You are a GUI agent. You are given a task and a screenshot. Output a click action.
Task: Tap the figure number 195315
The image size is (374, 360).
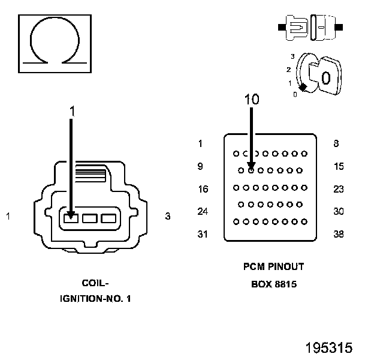tap(329, 347)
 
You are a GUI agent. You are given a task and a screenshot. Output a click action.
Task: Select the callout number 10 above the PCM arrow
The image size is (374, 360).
tap(252, 99)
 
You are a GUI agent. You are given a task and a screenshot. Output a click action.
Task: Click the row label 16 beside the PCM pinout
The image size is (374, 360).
tap(203, 189)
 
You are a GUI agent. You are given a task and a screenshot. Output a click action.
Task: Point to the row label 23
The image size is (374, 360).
tap(339, 189)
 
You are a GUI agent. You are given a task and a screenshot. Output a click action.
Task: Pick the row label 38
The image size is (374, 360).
tap(339, 234)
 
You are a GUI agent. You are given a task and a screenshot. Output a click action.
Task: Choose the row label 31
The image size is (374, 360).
tap(203, 234)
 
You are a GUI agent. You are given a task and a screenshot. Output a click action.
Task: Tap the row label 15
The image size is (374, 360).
tap(339, 166)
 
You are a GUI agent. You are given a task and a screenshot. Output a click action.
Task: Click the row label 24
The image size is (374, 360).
tap(203, 212)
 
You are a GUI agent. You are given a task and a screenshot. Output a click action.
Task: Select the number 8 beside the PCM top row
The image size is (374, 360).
tap(336, 143)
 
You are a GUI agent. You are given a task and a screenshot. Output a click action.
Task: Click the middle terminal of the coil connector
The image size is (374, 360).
tap(90, 218)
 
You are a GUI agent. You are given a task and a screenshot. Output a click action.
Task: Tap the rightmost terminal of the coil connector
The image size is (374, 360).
tap(108, 218)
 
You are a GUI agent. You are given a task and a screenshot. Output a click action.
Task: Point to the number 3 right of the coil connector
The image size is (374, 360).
tap(168, 216)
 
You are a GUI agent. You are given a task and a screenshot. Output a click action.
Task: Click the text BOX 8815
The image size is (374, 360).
tap(274, 284)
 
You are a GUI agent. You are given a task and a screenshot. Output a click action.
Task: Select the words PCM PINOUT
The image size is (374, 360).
tap(273, 266)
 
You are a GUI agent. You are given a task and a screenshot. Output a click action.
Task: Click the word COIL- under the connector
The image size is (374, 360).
tap(95, 283)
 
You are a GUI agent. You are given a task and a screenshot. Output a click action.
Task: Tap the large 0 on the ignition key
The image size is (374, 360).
tap(326, 78)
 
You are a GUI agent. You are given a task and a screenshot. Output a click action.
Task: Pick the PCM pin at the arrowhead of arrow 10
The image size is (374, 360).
tap(251, 170)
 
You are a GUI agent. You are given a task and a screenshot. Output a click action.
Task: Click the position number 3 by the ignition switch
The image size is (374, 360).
tap(292, 56)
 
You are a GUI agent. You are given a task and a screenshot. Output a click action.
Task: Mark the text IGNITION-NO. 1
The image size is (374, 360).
tap(95, 299)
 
